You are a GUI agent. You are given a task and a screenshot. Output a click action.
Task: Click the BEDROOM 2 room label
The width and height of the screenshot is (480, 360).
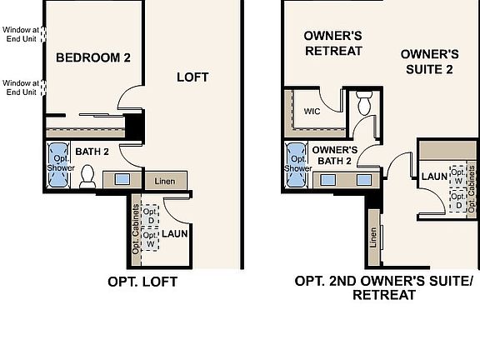(x=93, y=57)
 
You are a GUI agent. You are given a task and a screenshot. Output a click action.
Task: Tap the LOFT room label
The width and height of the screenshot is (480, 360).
(x=192, y=77)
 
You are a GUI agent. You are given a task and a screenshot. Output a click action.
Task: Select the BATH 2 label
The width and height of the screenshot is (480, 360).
(x=92, y=152)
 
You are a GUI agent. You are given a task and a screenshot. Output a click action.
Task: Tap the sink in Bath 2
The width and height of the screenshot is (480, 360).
(x=122, y=178)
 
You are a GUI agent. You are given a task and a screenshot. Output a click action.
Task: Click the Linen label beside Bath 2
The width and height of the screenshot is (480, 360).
(x=163, y=180)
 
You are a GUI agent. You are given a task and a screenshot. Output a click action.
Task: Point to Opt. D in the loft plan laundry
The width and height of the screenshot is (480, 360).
(x=150, y=216)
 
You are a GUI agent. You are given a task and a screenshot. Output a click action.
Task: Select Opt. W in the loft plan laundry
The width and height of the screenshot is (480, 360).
(x=150, y=240)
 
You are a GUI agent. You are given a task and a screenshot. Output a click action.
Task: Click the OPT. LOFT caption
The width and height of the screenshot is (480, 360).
(x=142, y=282)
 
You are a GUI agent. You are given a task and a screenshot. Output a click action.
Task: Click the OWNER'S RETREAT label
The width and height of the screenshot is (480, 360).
(x=332, y=43)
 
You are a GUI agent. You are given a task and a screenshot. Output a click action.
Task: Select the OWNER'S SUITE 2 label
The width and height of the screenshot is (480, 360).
(x=429, y=61)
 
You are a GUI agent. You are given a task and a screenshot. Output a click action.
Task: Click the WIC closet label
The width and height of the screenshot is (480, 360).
(x=312, y=110)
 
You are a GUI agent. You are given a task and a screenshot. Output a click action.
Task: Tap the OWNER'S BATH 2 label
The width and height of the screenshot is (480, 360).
(x=334, y=155)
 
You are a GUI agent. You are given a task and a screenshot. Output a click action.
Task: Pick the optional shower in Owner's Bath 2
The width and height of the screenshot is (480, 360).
(x=297, y=163)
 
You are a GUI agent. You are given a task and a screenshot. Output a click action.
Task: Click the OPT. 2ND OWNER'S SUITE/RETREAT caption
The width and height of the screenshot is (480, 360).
(x=383, y=287)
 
